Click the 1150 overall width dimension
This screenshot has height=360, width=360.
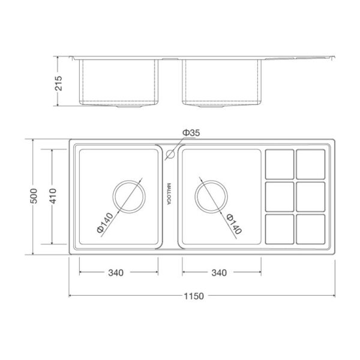coord(194,296)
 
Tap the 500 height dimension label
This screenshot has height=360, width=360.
coord(34,196)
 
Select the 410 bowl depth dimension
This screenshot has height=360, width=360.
coord(53,196)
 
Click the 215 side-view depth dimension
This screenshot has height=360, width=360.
coord(59,83)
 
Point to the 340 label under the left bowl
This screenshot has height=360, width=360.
coord(116,273)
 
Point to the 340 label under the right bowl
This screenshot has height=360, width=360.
coord(219,273)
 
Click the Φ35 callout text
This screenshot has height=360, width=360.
coord(191,133)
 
